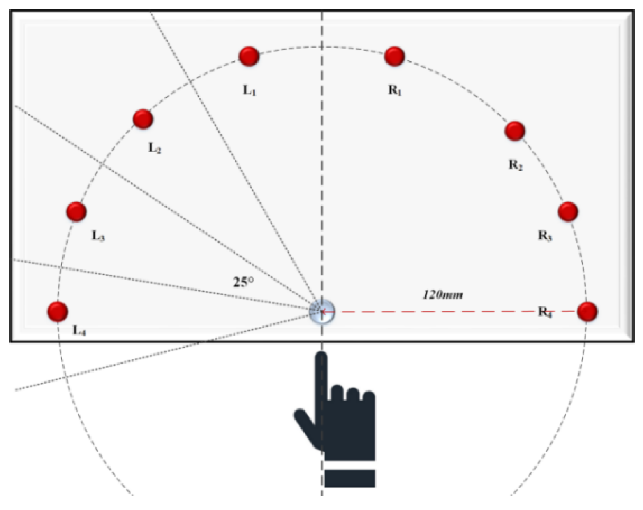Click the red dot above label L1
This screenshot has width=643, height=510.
[249, 56]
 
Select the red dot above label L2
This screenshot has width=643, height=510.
[143, 119]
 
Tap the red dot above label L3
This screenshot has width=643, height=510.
[76, 211]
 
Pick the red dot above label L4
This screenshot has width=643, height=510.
[58, 311]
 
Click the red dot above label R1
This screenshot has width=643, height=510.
[394, 56]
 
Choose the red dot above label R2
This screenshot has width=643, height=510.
[515, 131]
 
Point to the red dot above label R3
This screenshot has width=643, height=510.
[568, 211]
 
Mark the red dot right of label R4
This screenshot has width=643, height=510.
[587, 311]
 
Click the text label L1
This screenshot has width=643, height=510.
[250, 90]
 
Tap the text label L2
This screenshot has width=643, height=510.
[155, 148]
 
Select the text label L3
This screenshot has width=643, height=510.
[98, 236]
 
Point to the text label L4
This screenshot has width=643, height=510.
[79, 330]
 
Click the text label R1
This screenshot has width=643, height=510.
[395, 90]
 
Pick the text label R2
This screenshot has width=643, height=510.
[516, 165]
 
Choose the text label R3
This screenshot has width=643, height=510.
[545, 236]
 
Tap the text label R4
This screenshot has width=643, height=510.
[545, 312]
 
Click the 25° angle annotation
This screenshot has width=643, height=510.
[243, 282]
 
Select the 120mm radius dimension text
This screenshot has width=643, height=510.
[443, 294]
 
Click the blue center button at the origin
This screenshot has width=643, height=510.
[322, 312]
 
